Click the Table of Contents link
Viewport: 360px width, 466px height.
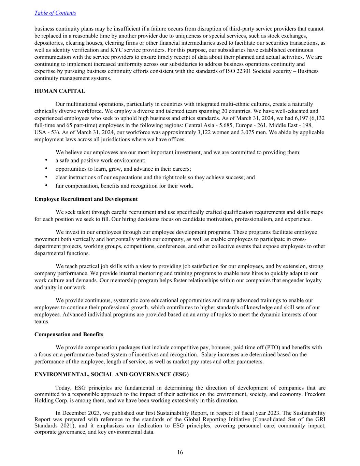pyautogui.click(x=55, y=13)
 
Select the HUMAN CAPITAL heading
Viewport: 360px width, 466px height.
pyautogui.click(x=60, y=91)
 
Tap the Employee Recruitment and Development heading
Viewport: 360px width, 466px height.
pyautogui.click(x=86, y=199)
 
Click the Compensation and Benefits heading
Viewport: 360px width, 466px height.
pyautogui.click(x=69, y=334)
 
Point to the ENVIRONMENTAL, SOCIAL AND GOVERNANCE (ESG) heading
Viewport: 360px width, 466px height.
pyautogui.click(x=111, y=374)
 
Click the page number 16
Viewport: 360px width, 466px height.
pyautogui.click(x=180, y=452)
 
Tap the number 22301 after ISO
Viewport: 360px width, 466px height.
pyautogui.click(x=244, y=71)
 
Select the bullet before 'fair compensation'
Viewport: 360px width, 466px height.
pyautogui.click(x=46, y=186)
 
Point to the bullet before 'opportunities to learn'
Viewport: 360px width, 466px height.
pyautogui.click(x=46, y=169)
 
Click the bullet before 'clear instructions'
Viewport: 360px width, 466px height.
pyautogui.click(x=46, y=177)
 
